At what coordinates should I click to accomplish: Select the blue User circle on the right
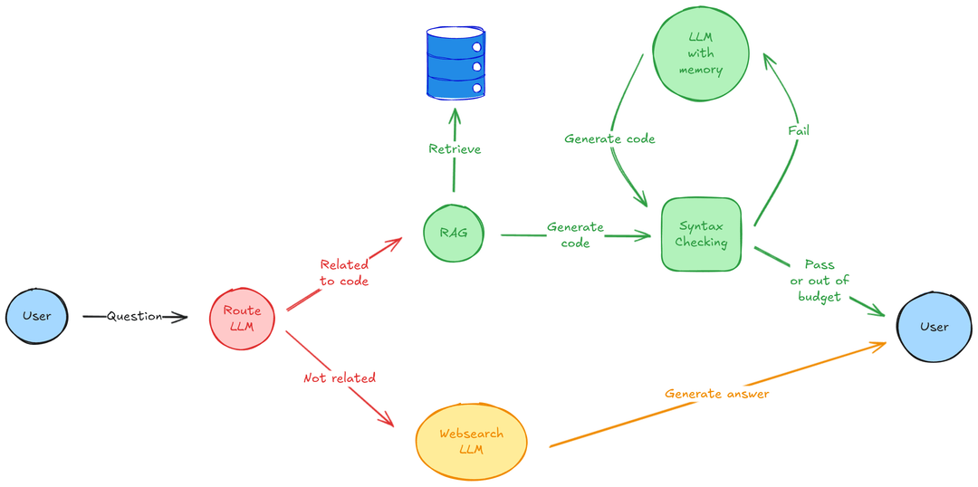click(934, 327)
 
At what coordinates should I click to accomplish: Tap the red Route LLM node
click(242, 319)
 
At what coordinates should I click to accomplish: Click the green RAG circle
click(453, 234)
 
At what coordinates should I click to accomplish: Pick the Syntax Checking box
click(701, 234)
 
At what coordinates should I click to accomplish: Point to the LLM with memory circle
click(701, 55)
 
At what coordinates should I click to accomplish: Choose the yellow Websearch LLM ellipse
click(471, 441)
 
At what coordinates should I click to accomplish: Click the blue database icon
click(455, 62)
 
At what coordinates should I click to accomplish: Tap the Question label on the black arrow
click(134, 317)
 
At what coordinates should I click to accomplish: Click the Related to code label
click(344, 272)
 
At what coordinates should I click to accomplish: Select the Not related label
click(339, 377)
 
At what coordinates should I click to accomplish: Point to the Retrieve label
click(455, 148)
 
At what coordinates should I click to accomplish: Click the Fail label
click(798, 131)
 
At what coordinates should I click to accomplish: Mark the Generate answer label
click(716, 394)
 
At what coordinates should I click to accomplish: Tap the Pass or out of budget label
click(819, 281)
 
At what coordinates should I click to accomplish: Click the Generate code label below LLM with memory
click(609, 139)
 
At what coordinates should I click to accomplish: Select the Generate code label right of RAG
click(575, 234)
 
